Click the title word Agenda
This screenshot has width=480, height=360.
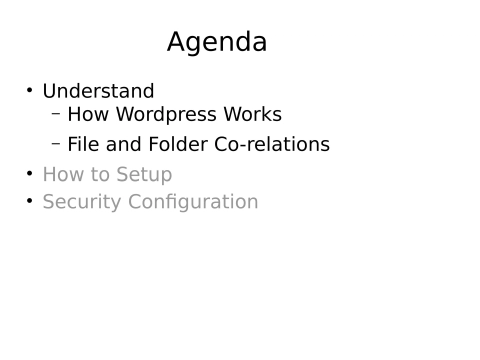pos(217,43)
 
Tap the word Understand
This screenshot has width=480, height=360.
pos(98,91)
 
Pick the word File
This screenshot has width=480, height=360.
pos(83,144)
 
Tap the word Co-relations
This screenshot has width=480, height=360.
pos(272,144)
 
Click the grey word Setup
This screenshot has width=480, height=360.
pos(142,175)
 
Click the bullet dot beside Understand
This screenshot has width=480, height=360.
pos(30,91)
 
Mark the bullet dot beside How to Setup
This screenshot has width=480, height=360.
pos(30,174)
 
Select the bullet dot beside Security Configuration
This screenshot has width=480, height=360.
pos(30,201)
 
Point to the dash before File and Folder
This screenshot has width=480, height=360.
pos(56,143)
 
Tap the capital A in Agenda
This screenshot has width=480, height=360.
pos(178,42)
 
